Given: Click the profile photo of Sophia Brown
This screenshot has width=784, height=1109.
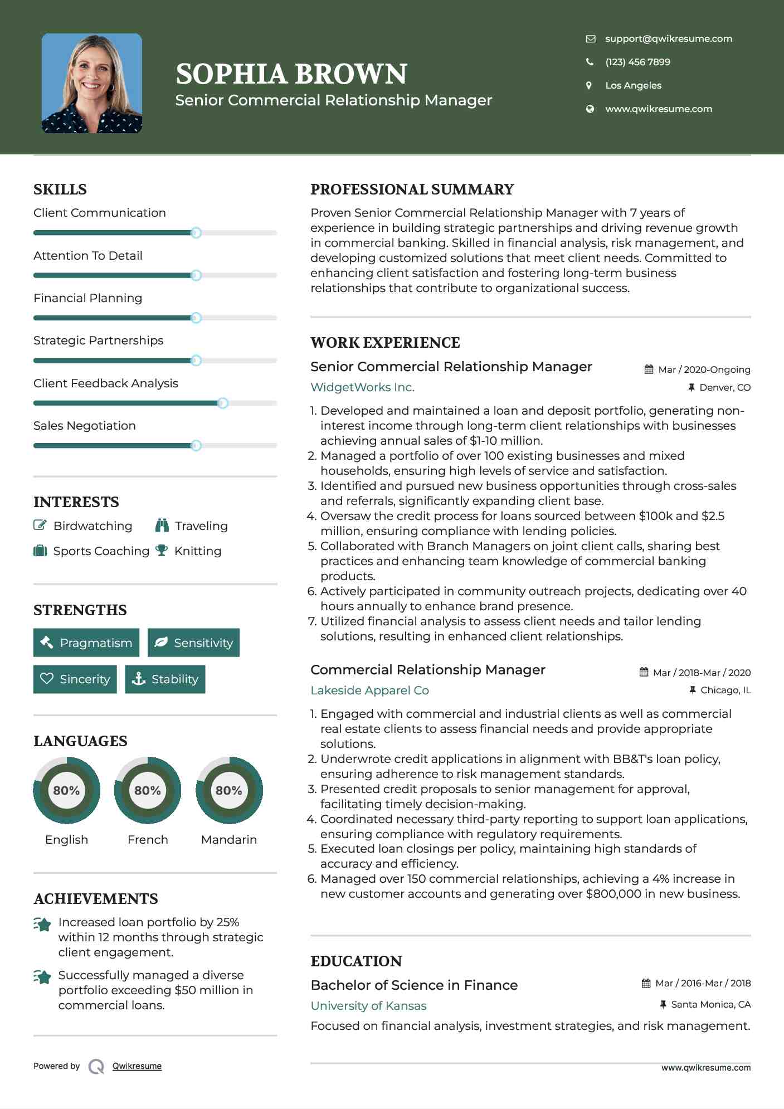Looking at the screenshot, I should pyautogui.click(x=92, y=83).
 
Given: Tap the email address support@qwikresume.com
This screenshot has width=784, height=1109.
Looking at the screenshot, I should pyautogui.click(x=668, y=38).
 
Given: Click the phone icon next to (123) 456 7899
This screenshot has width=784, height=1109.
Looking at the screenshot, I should pyautogui.click(x=590, y=62).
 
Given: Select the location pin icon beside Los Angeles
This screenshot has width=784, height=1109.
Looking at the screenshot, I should pyautogui.click(x=589, y=85).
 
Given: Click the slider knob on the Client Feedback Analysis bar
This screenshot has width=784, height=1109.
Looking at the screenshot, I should pyautogui.click(x=222, y=403).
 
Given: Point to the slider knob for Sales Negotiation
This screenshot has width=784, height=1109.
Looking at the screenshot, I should pyautogui.click(x=196, y=445).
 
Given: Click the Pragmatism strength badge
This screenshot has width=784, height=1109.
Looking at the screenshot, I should pyautogui.click(x=86, y=643).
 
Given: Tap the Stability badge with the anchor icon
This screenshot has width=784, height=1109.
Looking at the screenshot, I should pyautogui.click(x=165, y=679).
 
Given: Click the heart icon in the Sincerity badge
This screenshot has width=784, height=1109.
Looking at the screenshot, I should pyautogui.click(x=47, y=679).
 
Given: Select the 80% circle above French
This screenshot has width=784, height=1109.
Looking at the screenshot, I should pyautogui.click(x=148, y=790).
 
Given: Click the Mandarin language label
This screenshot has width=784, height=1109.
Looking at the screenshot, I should pyautogui.click(x=228, y=839).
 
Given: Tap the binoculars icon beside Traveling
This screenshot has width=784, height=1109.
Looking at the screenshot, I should pyautogui.click(x=162, y=526).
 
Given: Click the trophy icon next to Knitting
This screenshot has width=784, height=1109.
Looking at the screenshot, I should pyautogui.click(x=162, y=551).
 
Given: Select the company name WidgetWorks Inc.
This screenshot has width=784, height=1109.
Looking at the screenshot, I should pyautogui.click(x=362, y=387).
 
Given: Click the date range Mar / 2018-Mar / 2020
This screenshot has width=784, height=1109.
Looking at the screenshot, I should pyautogui.click(x=701, y=673).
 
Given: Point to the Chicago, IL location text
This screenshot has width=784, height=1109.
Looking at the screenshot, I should pyautogui.click(x=725, y=690).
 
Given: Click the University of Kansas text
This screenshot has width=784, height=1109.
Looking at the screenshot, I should pyautogui.click(x=368, y=1005).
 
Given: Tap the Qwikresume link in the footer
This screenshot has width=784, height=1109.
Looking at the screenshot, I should pyautogui.click(x=137, y=1066).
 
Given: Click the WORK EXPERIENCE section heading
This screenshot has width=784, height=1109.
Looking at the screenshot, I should pyautogui.click(x=385, y=342).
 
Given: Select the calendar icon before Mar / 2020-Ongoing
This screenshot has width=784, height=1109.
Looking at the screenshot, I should pyautogui.click(x=649, y=369).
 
